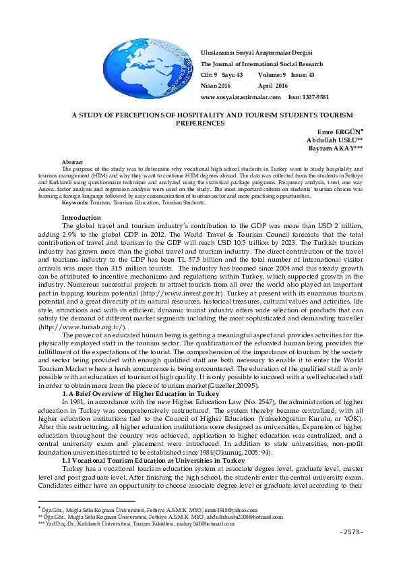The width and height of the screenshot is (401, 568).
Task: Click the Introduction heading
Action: (81, 217)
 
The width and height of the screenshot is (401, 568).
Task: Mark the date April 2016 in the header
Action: (273, 86)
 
